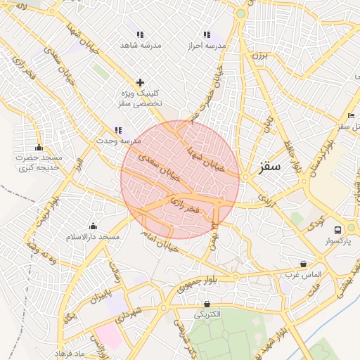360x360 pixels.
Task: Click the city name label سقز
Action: [269, 167]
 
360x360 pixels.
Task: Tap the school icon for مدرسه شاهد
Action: [140, 34]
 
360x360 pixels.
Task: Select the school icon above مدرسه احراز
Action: [207, 34]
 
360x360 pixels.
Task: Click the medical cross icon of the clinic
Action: [140, 82]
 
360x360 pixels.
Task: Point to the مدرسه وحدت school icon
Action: [118, 130]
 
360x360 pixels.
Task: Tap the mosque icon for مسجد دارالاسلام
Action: [94, 226]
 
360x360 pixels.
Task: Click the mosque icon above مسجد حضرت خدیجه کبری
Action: [39, 148]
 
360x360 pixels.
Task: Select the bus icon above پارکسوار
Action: [338, 230]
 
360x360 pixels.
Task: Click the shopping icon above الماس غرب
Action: [303, 264]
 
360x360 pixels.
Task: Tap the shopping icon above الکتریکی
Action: [207, 304]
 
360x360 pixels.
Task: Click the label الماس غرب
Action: [303, 274]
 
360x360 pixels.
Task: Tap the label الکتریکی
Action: [207, 314]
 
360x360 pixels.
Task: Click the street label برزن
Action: [261, 54]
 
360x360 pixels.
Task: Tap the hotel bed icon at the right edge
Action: [351, 115]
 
